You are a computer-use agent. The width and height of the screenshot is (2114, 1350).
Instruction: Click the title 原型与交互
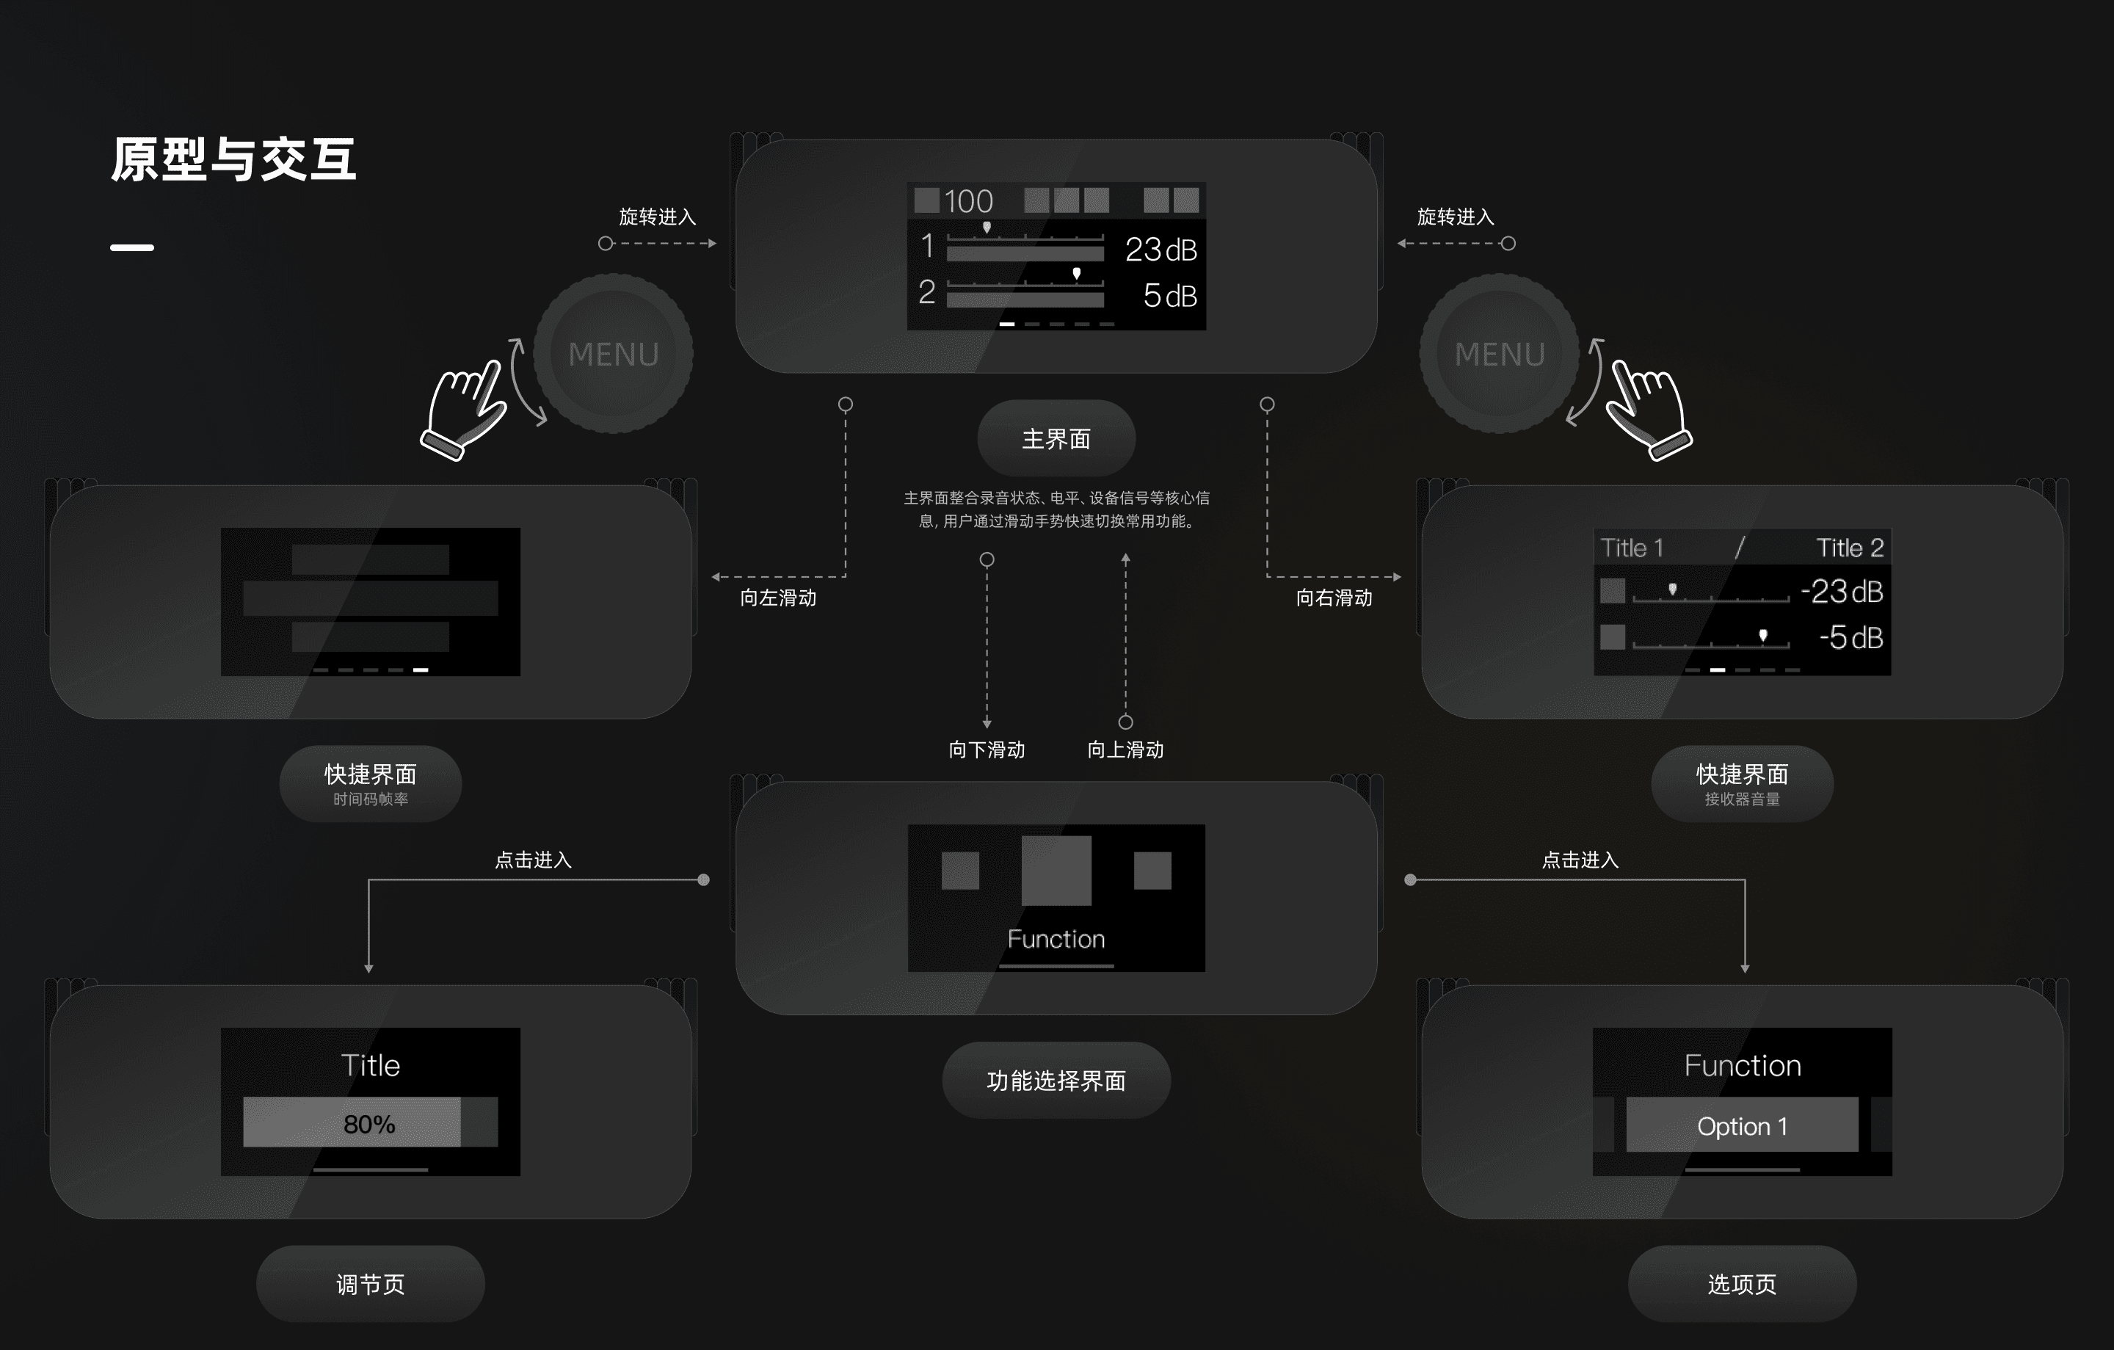pyautogui.click(x=233, y=160)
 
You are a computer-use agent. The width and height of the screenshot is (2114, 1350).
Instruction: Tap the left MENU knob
pyautogui.click(x=613, y=354)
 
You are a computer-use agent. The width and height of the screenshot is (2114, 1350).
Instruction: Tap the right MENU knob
pyautogui.click(x=1500, y=354)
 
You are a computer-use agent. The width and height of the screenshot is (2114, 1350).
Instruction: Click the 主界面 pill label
pyautogui.click(x=1056, y=439)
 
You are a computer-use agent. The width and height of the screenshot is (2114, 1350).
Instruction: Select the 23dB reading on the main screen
pyautogui.click(x=1160, y=250)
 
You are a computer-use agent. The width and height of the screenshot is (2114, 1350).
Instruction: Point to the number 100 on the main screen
pyautogui.click(x=967, y=202)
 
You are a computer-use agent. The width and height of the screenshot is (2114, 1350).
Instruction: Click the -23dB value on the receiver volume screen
pyautogui.click(x=1841, y=592)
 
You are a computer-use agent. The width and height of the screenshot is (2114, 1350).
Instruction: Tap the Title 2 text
pyautogui.click(x=1849, y=548)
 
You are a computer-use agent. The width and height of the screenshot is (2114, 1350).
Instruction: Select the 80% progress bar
pyautogui.click(x=370, y=1122)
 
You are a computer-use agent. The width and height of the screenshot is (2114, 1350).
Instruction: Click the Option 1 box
pyautogui.click(x=1742, y=1125)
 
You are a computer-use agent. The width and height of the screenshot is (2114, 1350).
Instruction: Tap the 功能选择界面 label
pyautogui.click(x=1056, y=1081)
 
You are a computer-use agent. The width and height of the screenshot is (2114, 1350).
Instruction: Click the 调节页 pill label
pyautogui.click(x=370, y=1284)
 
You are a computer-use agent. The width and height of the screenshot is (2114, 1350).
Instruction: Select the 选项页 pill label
pyautogui.click(x=1742, y=1284)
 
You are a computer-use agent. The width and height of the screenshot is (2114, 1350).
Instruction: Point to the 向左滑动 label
pyautogui.click(x=778, y=598)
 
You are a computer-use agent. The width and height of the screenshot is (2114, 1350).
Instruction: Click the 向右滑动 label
pyautogui.click(x=1334, y=598)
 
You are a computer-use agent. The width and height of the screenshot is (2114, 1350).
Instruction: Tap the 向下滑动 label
pyautogui.click(x=987, y=750)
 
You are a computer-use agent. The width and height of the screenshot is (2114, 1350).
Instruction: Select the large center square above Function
pyautogui.click(x=1056, y=870)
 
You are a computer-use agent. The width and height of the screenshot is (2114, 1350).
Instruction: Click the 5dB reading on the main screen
pyautogui.click(x=1169, y=296)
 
